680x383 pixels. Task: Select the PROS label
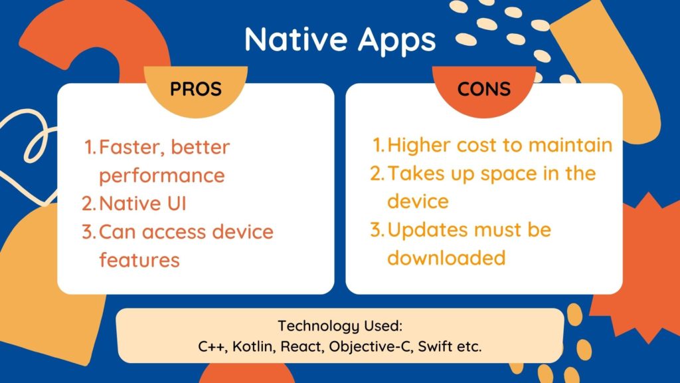click(196, 88)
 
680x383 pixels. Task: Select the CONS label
click(484, 88)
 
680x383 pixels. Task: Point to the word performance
click(162, 176)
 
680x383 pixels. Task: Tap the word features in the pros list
click(139, 259)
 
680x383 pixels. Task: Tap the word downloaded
click(446, 257)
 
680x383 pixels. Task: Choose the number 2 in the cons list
click(377, 174)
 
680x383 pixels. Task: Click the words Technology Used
click(341, 326)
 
